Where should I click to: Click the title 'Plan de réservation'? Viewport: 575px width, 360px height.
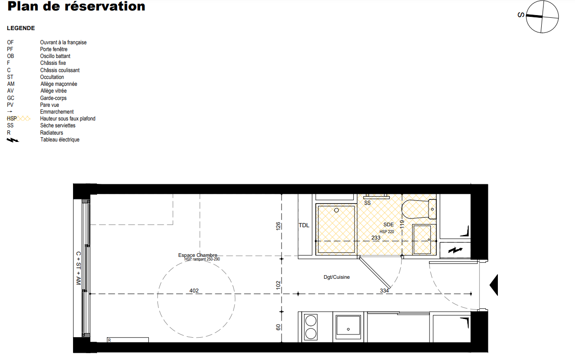coord(76,6)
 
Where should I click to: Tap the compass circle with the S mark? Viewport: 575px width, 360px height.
coord(542,17)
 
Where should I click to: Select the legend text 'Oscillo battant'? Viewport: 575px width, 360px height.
coord(55,56)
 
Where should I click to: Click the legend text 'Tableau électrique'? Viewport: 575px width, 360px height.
coord(60,140)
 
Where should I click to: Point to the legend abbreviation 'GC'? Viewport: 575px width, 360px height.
coord(10,98)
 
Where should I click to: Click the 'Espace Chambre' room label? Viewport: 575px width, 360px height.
coord(198,255)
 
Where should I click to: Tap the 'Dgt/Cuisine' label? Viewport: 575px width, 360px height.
coord(336,277)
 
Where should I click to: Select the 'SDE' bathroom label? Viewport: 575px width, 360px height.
coord(388,224)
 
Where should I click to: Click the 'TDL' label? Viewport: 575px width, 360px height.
coord(304,225)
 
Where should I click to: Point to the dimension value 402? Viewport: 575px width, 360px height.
coord(194,291)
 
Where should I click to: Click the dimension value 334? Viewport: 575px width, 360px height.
coord(384,291)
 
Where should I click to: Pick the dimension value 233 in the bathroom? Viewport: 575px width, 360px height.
coord(376,238)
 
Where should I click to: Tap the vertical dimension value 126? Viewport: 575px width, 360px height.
coord(278,226)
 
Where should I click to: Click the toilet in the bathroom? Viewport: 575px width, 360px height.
coord(418,209)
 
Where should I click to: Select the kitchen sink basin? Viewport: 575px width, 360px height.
coord(348,325)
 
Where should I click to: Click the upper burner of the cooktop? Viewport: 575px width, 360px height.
coord(311,321)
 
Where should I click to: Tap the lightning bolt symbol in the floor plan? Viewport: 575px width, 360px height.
coord(455,250)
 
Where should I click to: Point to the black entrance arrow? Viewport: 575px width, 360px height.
coord(494,285)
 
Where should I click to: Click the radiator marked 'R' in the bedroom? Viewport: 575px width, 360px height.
coord(128,340)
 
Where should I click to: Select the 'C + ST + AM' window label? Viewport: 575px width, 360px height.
coord(78,268)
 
